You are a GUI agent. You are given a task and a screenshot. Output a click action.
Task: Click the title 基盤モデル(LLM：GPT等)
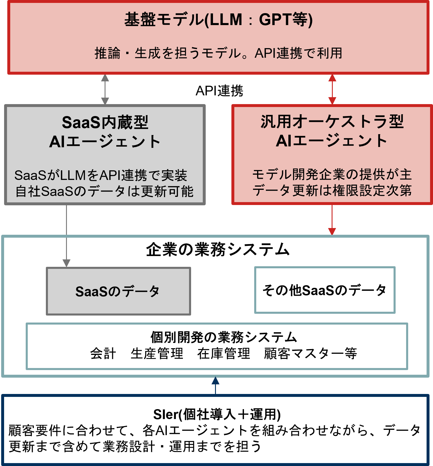pyautogui.click(x=218, y=20)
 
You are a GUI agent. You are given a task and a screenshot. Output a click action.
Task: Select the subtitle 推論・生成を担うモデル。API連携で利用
pyautogui.click(x=218, y=53)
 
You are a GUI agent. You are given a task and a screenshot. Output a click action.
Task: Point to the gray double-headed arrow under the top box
pyautogui.click(x=105, y=89)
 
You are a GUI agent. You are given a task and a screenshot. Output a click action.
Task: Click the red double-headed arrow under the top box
pyautogui.click(x=332, y=89)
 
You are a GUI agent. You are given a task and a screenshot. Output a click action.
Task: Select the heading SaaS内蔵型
pyautogui.click(x=105, y=122)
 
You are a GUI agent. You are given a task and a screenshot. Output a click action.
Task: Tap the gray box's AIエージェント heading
pyautogui.click(x=105, y=142)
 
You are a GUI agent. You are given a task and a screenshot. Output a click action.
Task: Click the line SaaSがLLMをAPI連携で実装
pyautogui.click(x=101, y=175)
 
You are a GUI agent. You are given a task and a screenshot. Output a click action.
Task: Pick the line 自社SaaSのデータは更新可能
pyautogui.click(x=104, y=191)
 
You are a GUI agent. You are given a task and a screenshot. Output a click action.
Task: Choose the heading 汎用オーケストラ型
pyautogui.click(x=332, y=122)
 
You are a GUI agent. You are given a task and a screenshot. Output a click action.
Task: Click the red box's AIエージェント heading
pyautogui.click(x=332, y=141)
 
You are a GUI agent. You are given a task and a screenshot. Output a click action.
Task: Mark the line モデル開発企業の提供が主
pyautogui.click(x=332, y=174)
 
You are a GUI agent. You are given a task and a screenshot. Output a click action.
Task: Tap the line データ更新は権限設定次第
pyautogui.click(x=332, y=190)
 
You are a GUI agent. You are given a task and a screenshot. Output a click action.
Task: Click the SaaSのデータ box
pyautogui.click(x=118, y=291)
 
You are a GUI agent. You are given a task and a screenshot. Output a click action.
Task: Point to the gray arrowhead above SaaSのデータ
pyautogui.click(x=67, y=263)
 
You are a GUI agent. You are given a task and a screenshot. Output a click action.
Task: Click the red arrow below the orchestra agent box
pyautogui.click(x=332, y=220)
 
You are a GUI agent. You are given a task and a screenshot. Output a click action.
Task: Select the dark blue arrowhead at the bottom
pyautogui.click(x=215, y=381)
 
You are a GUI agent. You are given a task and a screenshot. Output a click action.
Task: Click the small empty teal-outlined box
pyautogui.click(x=325, y=290)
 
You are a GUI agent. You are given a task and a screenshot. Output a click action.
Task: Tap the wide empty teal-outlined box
pyautogui.click(x=217, y=346)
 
